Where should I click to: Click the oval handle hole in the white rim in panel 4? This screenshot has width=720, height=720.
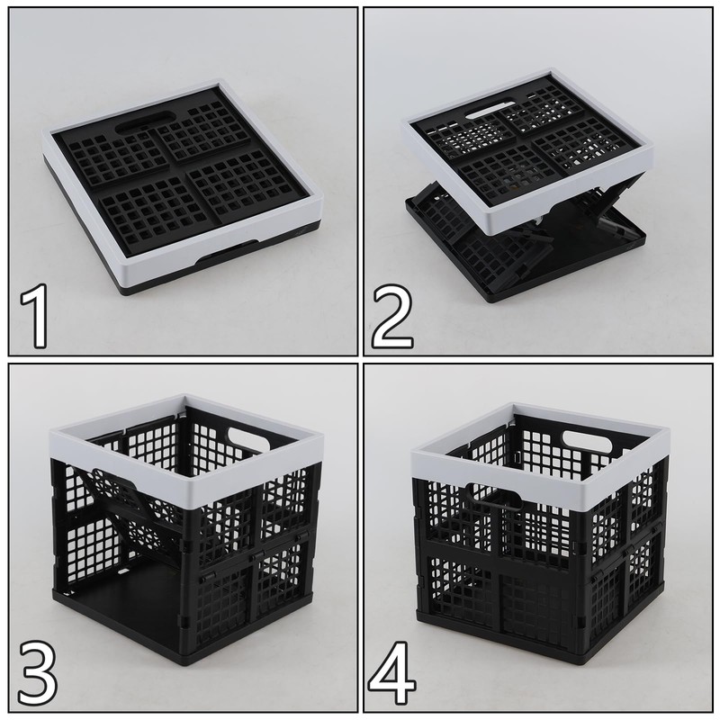point(589,441)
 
